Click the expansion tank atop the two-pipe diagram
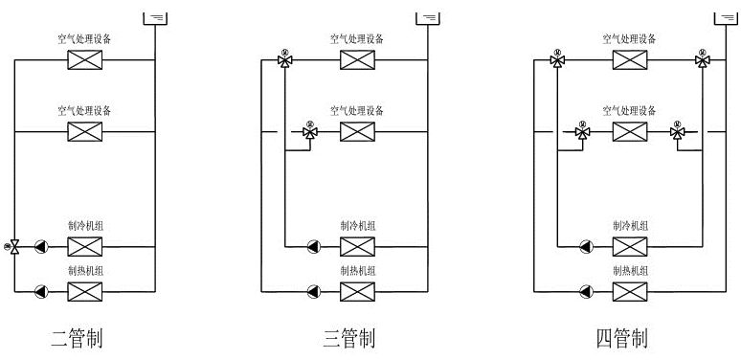point(154,17)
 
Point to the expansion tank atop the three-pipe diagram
point(428,17)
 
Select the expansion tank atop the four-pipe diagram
point(727,17)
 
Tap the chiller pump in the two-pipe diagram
point(40,246)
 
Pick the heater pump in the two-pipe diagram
point(40,290)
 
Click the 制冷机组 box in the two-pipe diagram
point(85,246)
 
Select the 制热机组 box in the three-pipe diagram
point(357,290)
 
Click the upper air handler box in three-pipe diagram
point(357,60)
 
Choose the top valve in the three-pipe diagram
point(284,60)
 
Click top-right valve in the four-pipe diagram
point(703,60)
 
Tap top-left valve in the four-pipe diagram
point(557,60)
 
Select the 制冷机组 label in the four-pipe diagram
point(630,226)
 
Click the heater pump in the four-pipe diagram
point(585,290)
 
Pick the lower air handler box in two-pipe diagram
point(85,131)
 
